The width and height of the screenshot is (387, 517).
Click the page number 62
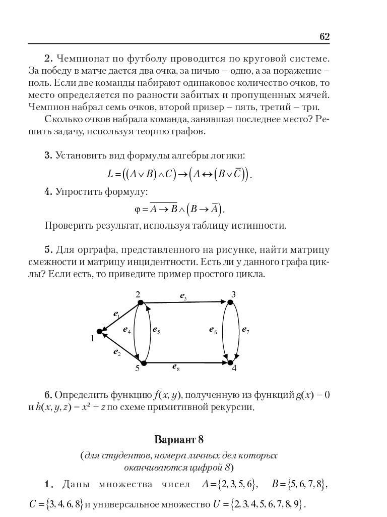coord(324,36)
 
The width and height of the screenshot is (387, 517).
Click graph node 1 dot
coord(100,332)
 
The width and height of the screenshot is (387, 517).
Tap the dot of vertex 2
coord(141,302)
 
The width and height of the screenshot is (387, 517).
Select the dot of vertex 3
coord(230,302)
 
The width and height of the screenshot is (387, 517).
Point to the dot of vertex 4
coord(230,363)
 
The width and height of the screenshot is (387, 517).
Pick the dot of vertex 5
coord(144,363)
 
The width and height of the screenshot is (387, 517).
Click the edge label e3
coord(183,296)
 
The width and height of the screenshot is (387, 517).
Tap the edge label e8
coord(176,369)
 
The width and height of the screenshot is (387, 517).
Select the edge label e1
coord(116,314)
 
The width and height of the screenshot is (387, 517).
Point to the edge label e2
coord(116,352)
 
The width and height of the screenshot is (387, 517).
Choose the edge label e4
coord(126,330)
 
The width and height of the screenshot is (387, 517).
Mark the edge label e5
coord(156,331)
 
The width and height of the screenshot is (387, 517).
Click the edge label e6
coord(213,331)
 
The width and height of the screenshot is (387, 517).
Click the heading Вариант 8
coord(179,439)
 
